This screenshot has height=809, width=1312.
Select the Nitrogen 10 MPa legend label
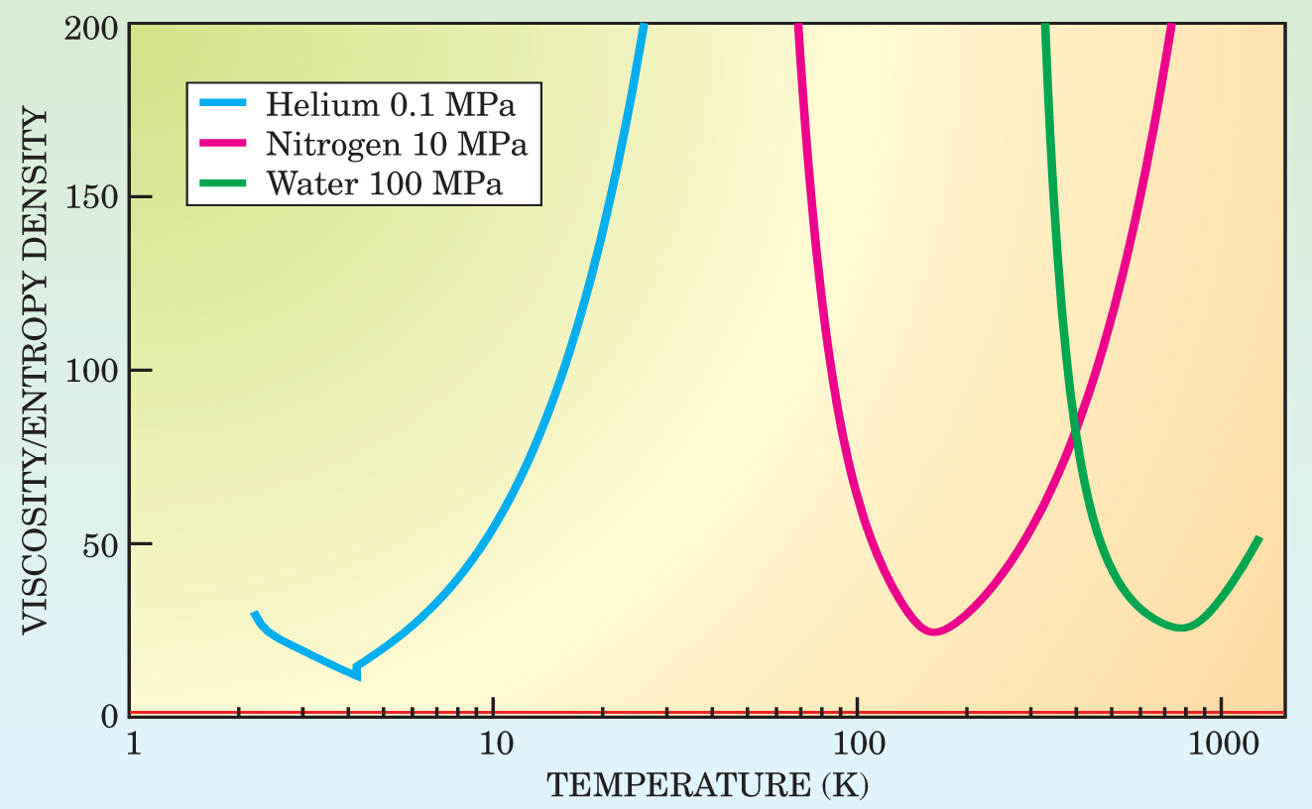point(396,144)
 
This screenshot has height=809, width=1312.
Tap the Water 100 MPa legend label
point(385,185)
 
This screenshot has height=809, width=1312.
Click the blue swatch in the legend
point(225,102)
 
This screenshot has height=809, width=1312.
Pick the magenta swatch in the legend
point(225,144)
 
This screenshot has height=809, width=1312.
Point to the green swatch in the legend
point(225,185)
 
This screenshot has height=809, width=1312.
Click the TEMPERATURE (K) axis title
point(708,785)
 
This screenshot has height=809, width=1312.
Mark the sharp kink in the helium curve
point(356,672)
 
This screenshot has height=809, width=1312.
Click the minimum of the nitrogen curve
point(933,631)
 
